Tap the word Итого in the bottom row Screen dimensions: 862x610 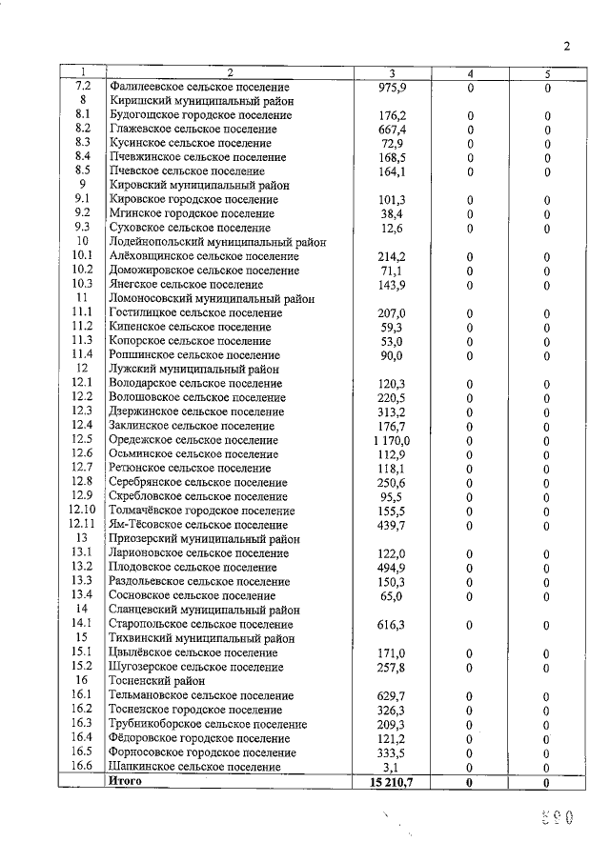(x=126, y=781)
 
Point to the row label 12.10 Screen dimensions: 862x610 (x=83, y=511)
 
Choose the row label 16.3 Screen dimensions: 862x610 (x=83, y=724)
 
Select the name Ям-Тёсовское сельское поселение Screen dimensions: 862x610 (x=198, y=525)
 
